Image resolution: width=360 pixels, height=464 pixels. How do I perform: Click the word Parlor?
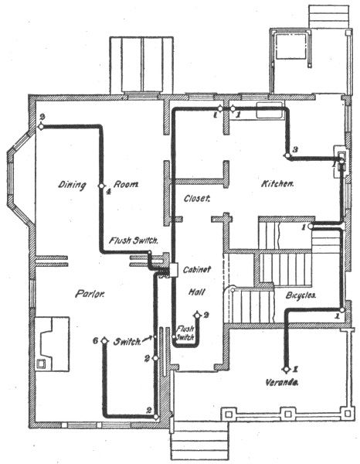tap(90, 294)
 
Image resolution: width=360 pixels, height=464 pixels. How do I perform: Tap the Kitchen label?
tap(277, 184)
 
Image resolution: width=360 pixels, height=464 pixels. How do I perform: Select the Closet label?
tap(197, 198)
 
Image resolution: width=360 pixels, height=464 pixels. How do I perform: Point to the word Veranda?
tap(281, 382)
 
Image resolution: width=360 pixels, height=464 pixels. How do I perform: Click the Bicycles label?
tap(301, 295)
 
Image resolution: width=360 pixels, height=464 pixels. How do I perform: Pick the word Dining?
tap(72, 186)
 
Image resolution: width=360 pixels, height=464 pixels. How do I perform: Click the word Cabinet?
tap(197, 269)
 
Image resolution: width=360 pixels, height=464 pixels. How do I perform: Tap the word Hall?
tap(197, 292)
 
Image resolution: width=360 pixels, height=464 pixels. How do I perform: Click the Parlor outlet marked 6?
tap(104, 340)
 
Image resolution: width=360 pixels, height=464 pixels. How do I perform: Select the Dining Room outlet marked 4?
tap(101, 186)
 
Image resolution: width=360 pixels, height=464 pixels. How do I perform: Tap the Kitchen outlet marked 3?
tap(287, 155)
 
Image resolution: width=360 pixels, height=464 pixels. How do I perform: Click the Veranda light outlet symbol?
tap(286, 370)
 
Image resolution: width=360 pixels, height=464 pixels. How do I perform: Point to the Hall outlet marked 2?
tap(197, 316)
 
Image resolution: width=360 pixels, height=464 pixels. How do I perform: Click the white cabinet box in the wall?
tap(175, 270)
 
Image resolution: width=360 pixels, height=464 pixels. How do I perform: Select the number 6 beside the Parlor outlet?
tap(95, 341)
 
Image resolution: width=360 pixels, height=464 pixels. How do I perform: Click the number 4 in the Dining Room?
tap(108, 192)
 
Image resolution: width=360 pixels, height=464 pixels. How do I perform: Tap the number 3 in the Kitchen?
tap(294, 150)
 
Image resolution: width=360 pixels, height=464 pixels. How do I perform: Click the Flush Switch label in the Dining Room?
tap(134, 241)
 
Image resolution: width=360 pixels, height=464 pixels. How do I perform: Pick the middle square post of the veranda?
tap(288, 414)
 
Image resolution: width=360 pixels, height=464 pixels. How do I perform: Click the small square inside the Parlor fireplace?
tap(40, 363)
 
